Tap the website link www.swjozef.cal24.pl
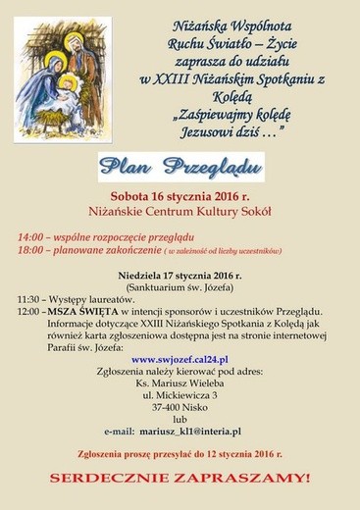[x=180, y=360]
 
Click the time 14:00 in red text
[x=30, y=237]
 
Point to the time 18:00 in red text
[x=30, y=251]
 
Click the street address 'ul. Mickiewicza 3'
[x=180, y=394]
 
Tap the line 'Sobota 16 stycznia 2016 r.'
[x=179, y=196]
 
